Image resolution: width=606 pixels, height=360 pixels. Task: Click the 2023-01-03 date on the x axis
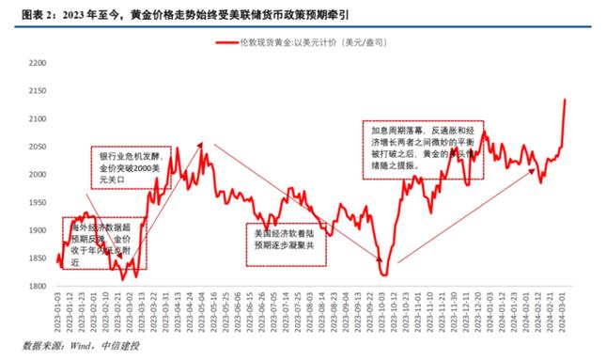(57, 310)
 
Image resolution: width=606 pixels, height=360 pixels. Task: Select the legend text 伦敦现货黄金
(270, 42)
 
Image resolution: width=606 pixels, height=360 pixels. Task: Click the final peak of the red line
(564, 100)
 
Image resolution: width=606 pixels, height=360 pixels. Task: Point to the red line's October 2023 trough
(384, 274)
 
